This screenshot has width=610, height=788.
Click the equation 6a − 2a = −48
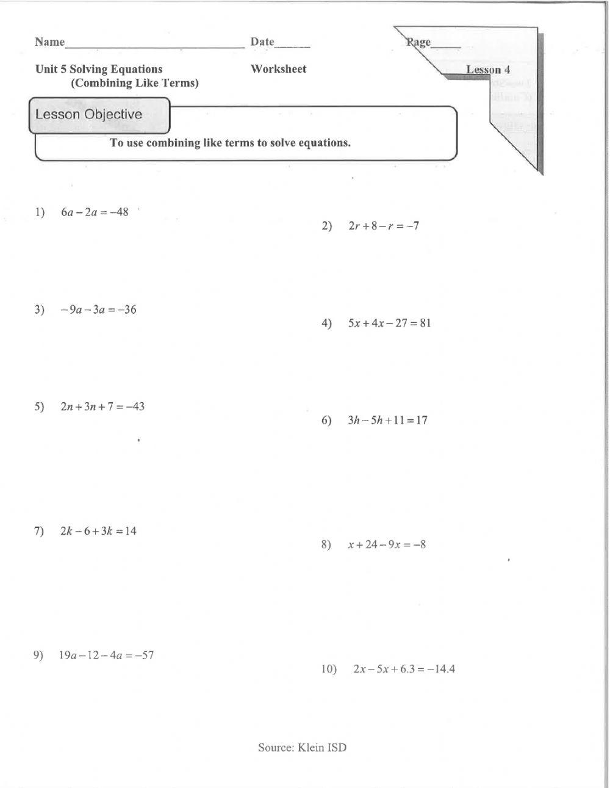click(x=95, y=212)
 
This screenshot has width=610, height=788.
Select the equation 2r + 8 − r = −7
click(x=384, y=226)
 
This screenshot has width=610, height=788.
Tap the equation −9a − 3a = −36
click(x=98, y=309)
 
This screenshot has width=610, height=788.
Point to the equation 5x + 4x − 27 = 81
click(x=389, y=323)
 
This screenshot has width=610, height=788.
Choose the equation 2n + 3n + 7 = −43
click(x=102, y=407)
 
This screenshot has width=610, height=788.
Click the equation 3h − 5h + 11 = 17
click(x=387, y=420)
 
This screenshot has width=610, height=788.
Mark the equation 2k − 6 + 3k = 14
click(x=98, y=531)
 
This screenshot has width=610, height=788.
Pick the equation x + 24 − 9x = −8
click(x=387, y=544)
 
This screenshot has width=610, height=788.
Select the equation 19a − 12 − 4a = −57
click(x=106, y=656)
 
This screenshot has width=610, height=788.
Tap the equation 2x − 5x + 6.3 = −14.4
click(x=404, y=669)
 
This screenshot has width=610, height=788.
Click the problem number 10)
click(x=329, y=669)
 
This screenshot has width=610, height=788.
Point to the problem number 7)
click(x=40, y=531)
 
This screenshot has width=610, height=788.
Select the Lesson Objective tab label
click(x=88, y=115)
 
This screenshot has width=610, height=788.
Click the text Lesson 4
click(x=488, y=70)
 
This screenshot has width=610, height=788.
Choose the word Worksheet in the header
click(x=278, y=69)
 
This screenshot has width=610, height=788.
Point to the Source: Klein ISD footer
click(x=302, y=747)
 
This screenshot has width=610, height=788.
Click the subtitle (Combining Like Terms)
click(x=135, y=83)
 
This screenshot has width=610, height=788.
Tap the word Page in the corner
click(x=419, y=43)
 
